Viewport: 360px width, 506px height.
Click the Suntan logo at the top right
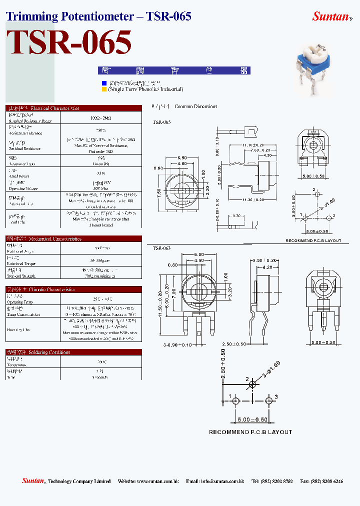tap(331, 16)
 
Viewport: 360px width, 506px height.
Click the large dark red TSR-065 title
tap(69, 42)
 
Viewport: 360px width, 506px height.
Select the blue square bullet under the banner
tap(104, 83)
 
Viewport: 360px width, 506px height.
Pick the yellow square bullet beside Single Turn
tap(104, 89)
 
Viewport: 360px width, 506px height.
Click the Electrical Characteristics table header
tap(73, 108)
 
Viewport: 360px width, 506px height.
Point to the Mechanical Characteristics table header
tap(73, 238)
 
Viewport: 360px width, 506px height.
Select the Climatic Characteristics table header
tap(73, 289)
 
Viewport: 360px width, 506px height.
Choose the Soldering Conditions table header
tap(73, 352)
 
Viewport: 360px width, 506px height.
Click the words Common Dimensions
tap(196, 106)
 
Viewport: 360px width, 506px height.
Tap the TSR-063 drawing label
tap(161, 248)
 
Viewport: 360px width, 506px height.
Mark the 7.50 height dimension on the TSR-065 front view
tap(159, 194)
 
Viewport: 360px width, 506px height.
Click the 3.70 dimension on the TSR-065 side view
tap(236, 215)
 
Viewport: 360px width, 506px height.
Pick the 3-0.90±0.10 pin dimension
tap(171, 344)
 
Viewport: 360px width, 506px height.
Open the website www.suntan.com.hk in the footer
tap(155, 481)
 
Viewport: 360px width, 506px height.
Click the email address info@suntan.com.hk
tap(222, 481)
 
